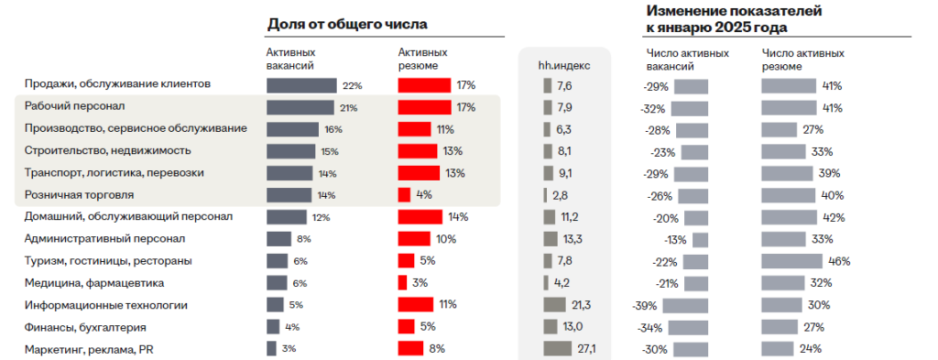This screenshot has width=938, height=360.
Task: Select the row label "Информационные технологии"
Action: click(x=106, y=305)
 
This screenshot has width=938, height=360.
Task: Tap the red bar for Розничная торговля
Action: click(x=404, y=195)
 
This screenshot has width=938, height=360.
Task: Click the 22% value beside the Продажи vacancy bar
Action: click(x=353, y=85)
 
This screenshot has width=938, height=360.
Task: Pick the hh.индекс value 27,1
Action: click(x=586, y=348)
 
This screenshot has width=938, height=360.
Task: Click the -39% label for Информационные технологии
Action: click(x=645, y=305)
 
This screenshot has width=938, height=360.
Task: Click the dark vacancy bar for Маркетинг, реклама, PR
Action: click(x=271, y=348)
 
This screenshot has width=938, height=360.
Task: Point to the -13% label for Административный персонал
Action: click(x=676, y=239)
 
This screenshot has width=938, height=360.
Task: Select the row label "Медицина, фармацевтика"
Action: click(x=94, y=283)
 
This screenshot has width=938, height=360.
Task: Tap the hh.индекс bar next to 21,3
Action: click(x=555, y=305)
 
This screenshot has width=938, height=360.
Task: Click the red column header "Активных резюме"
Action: click(x=423, y=59)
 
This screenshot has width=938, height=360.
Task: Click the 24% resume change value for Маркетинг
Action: click(x=809, y=348)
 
